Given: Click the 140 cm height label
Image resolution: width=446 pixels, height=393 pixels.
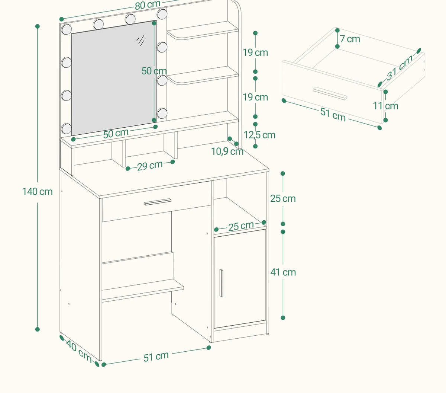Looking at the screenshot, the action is [38, 192].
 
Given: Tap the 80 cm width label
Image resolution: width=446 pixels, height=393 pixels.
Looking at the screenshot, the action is [148, 5].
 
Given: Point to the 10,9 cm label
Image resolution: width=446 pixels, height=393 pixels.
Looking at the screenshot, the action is [227, 151].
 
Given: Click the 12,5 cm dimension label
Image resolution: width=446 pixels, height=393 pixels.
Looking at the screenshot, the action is [259, 135].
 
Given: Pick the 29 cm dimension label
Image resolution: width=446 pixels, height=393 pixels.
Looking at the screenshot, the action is [150, 166].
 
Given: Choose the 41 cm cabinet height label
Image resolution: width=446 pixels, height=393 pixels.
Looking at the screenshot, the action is [283, 272].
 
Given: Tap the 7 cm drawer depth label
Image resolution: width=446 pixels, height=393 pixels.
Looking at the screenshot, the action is [350, 39].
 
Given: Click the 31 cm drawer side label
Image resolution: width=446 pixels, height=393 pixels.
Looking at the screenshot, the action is [399, 68].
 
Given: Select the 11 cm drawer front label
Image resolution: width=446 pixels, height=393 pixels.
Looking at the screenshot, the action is [385, 106].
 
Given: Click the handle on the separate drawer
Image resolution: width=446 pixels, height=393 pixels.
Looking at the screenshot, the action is [330, 93].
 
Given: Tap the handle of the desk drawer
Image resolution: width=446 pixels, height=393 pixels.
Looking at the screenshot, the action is [157, 202].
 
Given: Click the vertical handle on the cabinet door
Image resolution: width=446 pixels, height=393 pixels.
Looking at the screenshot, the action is [221, 283].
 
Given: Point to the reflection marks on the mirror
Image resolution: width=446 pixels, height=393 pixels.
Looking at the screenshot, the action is [140, 40].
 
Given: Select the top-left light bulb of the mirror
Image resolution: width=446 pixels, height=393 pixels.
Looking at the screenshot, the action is [67, 29].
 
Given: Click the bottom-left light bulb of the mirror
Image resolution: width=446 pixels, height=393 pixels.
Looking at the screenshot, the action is [67, 128].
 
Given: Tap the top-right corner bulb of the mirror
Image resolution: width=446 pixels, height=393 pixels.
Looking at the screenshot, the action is [162, 14].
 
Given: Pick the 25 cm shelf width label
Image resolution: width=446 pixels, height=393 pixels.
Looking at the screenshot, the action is [241, 226].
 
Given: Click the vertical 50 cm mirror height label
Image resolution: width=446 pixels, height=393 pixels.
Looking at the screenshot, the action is [154, 71].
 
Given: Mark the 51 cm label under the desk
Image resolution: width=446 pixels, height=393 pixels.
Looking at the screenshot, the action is [156, 357].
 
